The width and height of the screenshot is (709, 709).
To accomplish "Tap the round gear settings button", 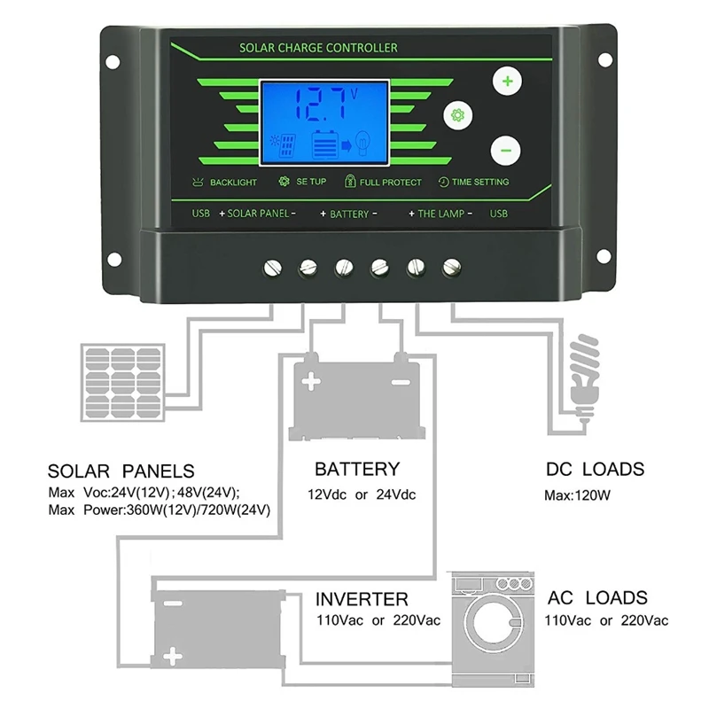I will click(458, 115).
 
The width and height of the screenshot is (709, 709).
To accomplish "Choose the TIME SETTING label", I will click(473, 182).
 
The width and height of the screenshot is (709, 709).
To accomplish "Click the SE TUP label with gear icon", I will click(303, 182).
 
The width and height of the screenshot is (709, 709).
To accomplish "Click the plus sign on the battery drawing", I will click(310, 384).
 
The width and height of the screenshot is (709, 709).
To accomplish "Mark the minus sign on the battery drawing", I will click(401, 384).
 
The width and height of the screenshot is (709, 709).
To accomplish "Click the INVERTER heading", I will click(362, 599).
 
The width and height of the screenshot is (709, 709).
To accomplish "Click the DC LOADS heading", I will click(594, 470).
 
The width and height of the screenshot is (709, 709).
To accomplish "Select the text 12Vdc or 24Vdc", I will click(362, 495).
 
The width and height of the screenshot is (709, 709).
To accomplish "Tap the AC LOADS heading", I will click(597, 598).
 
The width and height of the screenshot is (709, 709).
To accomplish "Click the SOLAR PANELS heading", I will click(121, 471).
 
